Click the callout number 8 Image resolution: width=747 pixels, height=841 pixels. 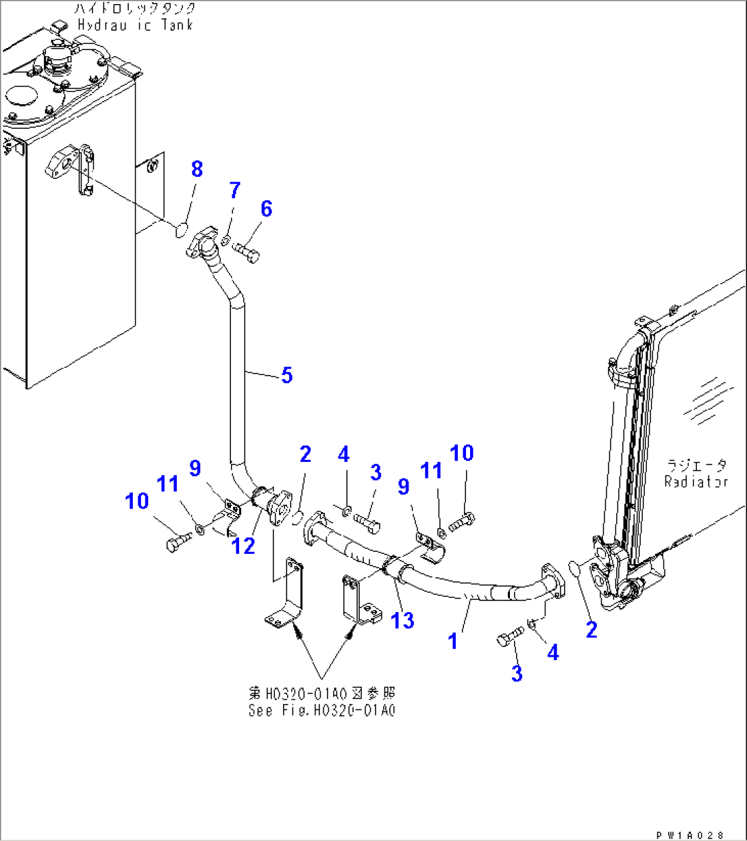click(x=197, y=169)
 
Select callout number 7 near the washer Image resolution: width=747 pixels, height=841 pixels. click(x=234, y=191)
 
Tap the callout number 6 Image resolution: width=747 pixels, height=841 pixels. click(x=266, y=208)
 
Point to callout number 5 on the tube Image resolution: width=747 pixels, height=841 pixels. click(x=286, y=375)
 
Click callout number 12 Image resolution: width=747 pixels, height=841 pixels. click(x=243, y=546)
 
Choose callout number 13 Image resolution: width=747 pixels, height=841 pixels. click(x=403, y=620)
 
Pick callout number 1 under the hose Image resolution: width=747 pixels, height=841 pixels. click(x=452, y=642)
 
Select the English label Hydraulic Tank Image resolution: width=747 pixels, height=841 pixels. click(x=135, y=25)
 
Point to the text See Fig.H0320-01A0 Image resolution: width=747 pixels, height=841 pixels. click(x=322, y=711)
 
